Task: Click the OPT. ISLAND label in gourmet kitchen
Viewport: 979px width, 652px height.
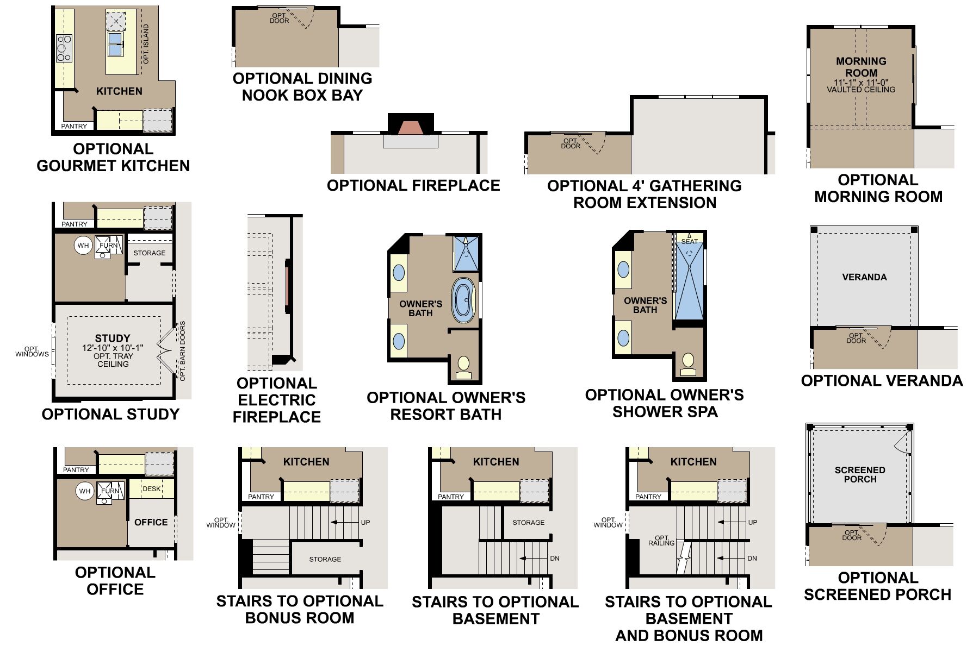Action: click(x=146, y=44)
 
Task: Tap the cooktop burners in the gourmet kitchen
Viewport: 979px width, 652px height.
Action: click(x=64, y=48)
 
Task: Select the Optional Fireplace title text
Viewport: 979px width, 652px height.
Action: click(x=413, y=186)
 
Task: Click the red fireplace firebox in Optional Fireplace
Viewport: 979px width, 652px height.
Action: click(x=411, y=128)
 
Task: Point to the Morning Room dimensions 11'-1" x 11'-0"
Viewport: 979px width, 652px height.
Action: click(x=861, y=82)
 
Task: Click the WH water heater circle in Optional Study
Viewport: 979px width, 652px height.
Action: click(x=83, y=246)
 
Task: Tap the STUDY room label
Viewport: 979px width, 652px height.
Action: click(x=113, y=338)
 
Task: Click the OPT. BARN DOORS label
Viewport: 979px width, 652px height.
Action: click(x=183, y=351)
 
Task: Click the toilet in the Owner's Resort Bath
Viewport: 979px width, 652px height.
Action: click(x=463, y=365)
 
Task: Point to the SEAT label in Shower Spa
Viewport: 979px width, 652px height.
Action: click(x=690, y=241)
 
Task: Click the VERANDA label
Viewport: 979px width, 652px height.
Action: click(x=864, y=277)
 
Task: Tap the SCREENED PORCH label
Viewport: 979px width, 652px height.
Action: click(x=860, y=474)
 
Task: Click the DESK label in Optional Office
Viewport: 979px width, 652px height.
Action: click(x=152, y=488)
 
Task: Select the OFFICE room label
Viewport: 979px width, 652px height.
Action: click(x=151, y=522)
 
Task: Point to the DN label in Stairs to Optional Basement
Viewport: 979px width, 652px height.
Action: click(x=554, y=558)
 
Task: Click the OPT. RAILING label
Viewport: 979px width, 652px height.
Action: click(x=661, y=540)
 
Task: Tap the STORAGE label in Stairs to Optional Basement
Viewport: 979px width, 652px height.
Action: click(x=528, y=522)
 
